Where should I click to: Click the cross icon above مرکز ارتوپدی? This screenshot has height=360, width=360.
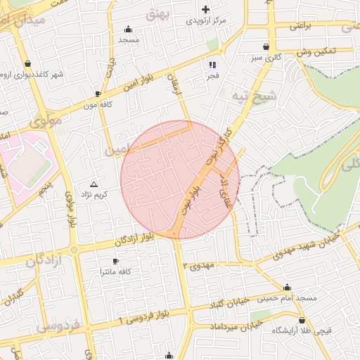(205, 9)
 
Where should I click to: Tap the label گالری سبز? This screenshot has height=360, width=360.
(266, 56)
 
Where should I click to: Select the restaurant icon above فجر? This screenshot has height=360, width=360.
(212, 65)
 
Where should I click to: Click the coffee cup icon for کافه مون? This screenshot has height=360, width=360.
(98, 93)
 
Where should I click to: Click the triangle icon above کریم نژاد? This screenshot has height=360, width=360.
(94, 183)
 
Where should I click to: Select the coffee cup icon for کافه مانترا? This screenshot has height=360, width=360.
(115, 261)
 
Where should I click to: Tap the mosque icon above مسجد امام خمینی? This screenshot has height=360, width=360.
(287, 287)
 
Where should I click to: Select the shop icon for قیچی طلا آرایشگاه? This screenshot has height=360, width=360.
(323, 320)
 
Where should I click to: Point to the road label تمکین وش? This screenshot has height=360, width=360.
(317, 52)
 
